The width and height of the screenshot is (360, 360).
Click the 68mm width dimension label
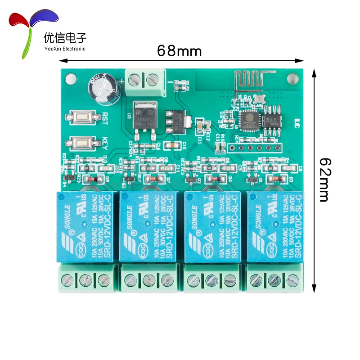point(179,50)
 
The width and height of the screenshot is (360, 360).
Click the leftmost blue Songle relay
point(85,226)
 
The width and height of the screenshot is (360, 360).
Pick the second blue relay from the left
point(148,226)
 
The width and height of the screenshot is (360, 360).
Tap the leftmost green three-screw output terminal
point(86,279)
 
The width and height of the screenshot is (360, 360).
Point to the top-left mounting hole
point(69,79)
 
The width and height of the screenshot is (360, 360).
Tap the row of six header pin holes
point(254,147)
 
